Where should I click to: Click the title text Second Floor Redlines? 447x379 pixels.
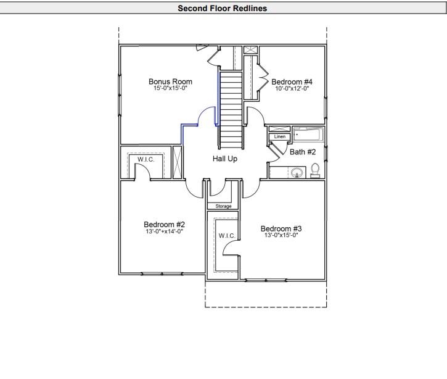tap(222, 9)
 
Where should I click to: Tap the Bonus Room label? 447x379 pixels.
tap(170, 81)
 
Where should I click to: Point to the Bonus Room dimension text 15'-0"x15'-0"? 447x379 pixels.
tap(170, 89)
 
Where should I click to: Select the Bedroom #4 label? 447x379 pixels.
tap(292, 81)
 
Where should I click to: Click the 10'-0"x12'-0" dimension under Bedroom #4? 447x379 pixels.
tap(292, 89)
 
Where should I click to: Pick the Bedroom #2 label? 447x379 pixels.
tap(165, 224)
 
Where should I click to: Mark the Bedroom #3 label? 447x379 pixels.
tap(281, 228)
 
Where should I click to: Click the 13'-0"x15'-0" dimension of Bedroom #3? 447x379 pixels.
tap(281, 235)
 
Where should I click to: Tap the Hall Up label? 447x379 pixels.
tap(225, 159)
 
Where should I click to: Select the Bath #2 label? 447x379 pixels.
tap(303, 152)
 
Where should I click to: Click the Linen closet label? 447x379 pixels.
tap(279, 136)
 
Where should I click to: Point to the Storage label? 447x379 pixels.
tap(223, 206)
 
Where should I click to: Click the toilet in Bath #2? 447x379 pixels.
tap(315, 170)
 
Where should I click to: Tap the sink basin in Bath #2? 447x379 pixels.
tap(297, 172)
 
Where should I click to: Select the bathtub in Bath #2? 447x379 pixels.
tap(307, 133)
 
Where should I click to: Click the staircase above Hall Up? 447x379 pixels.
tap(232, 108)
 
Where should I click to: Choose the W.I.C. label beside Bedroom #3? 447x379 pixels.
tap(222, 235)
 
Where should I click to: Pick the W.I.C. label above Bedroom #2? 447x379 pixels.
tap(146, 159)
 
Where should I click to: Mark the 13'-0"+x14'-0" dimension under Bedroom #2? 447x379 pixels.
tap(165, 231)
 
